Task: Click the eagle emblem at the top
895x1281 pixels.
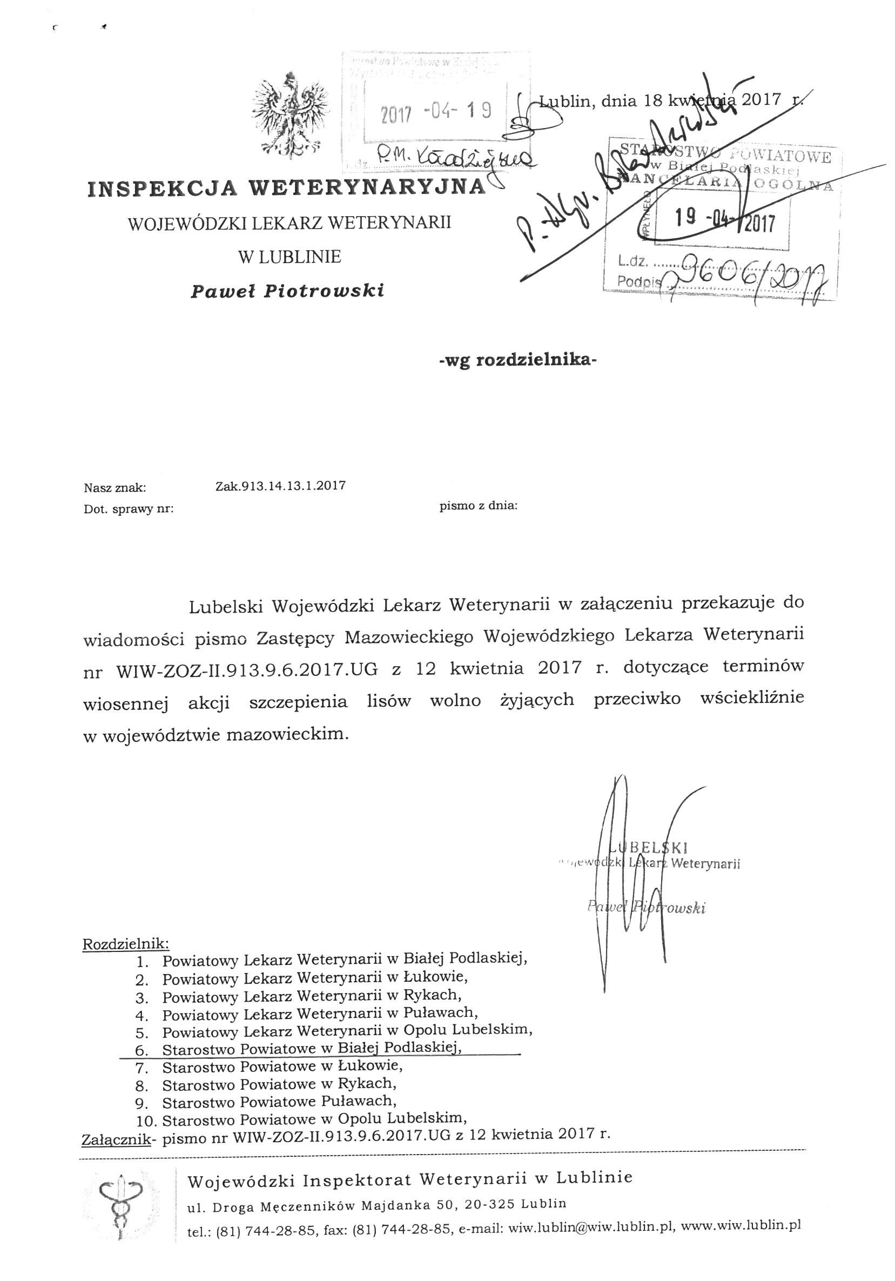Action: pyautogui.click(x=289, y=115)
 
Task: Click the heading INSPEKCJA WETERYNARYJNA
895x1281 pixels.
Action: pyautogui.click(x=286, y=188)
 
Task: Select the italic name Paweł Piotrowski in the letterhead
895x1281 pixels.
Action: pyautogui.click(x=287, y=291)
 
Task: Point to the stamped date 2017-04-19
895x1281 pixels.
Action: pyautogui.click(x=435, y=112)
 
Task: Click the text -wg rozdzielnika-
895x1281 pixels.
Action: pyautogui.click(x=517, y=360)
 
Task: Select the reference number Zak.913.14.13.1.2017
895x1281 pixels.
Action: pyautogui.click(x=280, y=485)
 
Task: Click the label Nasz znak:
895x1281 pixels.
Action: pyautogui.click(x=115, y=488)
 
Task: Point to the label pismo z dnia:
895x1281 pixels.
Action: pyautogui.click(x=479, y=506)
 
